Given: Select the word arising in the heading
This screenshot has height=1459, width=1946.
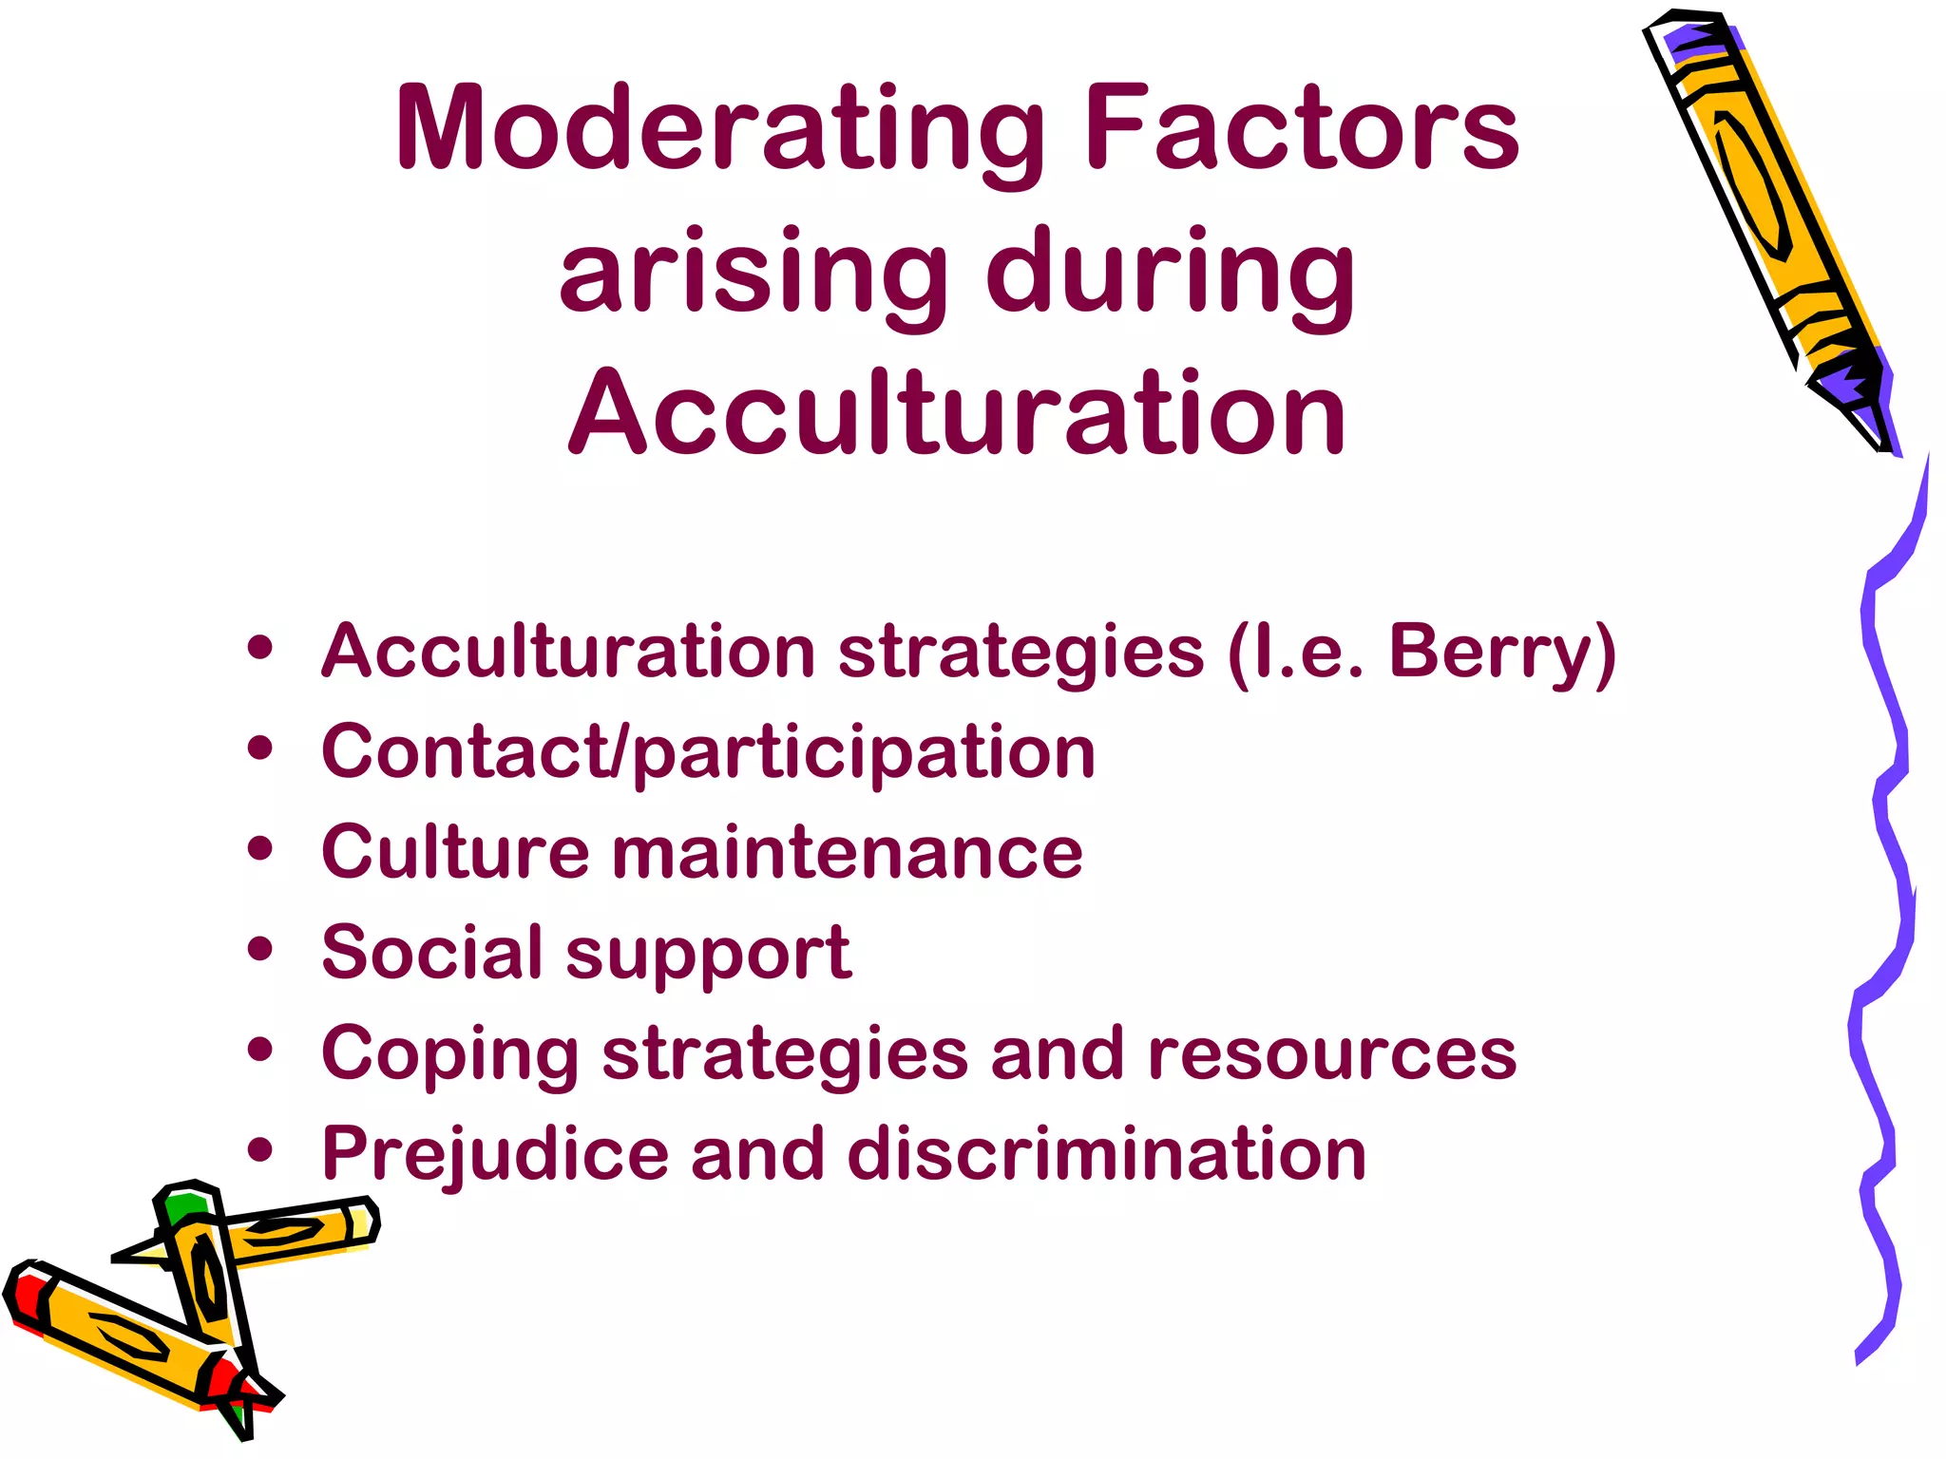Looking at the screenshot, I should pyautogui.click(x=751, y=273).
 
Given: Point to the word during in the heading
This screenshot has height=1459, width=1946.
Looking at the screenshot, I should pyautogui.click(x=1171, y=273).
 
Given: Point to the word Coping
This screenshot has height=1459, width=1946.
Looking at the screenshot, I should pyautogui.click(x=449, y=1054).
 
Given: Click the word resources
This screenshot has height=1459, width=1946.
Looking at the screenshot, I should pyautogui.click(x=1331, y=1054).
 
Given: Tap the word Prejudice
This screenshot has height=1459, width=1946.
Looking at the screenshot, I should pyautogui.click(x=495, y=1155).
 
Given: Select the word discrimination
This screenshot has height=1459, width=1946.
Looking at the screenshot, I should pyautogui.click(x=1106, y=1155).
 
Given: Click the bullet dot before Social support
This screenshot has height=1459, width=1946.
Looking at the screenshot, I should pyautogui.click(x=259, y=949).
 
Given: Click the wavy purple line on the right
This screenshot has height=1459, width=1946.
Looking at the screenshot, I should pyautogui.click(x=1886, y=855).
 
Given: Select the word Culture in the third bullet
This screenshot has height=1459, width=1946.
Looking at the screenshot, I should pyautogui.click(x=455, y=852).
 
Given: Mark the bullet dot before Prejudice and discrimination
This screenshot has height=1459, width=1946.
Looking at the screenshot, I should pyautogui.click(x=259, y=1150).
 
